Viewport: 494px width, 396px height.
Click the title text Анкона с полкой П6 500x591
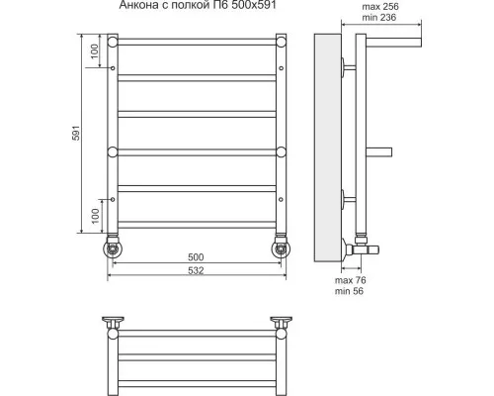[198, 5]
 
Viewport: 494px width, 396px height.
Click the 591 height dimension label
[76, 133]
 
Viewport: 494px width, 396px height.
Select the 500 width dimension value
[196, 257]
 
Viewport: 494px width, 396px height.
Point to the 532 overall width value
[196, 270]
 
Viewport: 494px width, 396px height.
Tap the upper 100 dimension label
[95, 51]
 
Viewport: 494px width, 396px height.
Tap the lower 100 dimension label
[95, 216]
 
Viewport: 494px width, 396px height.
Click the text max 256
[380, 7]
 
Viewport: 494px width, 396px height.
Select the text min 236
[379, 18]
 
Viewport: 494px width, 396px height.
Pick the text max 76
[351, 280]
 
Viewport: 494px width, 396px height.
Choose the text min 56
[349, 291]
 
